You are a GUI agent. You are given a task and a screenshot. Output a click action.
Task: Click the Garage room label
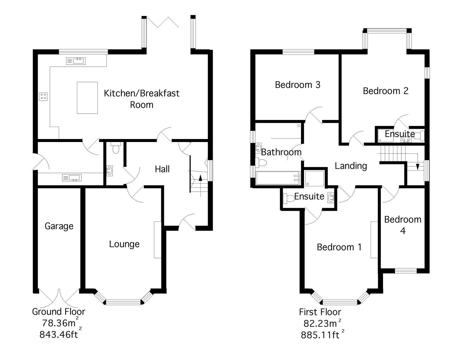tap(59, 226)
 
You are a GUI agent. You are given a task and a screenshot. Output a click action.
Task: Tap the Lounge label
tap(124, 244)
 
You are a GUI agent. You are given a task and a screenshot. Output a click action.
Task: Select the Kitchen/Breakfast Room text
tap(142, 99)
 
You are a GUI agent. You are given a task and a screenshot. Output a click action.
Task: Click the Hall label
tap(162, 169)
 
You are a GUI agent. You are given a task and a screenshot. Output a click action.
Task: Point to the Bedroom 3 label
tap(297, 85)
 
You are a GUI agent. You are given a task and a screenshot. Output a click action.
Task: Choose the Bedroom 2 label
tap(385, 91)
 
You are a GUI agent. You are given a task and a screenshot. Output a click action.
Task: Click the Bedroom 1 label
tap(339, 247)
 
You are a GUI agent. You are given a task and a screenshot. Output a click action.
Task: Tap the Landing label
tap(351, 166)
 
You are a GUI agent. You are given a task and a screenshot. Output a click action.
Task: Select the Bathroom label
tap(281, 152)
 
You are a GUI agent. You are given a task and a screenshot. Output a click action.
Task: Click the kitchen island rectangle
tap(87, 98)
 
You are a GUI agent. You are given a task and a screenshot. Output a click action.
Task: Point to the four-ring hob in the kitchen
tap(43, 96)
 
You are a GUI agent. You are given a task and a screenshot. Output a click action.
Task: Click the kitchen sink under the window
tap(76, 61)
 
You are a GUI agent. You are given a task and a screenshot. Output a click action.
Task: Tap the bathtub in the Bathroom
tap(278, 178)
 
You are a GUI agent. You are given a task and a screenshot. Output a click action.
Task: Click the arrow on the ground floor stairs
tap(200, 177)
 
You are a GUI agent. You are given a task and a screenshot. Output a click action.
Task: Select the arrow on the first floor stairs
tap(418, 166)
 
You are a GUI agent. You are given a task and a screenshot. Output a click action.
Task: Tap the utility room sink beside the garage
tap(72, 178)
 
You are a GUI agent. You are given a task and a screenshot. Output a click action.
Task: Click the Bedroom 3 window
tap(298, 52)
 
